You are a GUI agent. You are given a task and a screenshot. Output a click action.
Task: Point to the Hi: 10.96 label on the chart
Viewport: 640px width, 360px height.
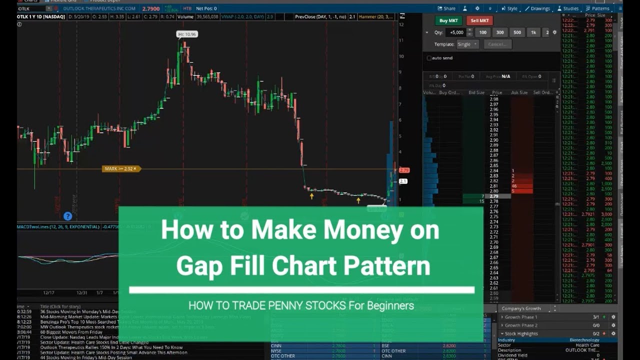[x=187, y=34]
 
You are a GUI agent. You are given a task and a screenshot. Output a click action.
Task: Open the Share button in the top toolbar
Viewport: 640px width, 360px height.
[x=446, y=8]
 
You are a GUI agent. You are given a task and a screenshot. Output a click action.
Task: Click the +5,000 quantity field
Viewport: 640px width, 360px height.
[x=456, y=32]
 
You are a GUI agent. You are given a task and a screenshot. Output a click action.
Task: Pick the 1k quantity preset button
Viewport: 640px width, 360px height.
[x=533, y=32]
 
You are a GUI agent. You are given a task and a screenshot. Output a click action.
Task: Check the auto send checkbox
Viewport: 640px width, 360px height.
[x=429, y=58]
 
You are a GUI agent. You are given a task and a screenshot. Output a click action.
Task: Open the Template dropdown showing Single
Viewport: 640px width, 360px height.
[x=467, y=44]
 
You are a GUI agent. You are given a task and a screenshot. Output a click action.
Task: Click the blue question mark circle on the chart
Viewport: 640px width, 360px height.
[x=67, y=216]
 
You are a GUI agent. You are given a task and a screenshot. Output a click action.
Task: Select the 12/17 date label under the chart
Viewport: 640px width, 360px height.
[x=49, y=293]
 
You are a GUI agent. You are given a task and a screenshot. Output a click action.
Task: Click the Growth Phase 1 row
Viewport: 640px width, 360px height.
[x=521, y=317]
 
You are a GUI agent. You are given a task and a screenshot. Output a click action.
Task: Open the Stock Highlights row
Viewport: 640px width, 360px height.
[x=521, y=333]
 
